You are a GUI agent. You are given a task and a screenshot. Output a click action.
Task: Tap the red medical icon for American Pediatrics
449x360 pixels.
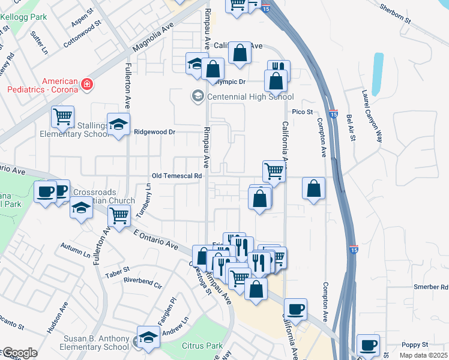(87, 84)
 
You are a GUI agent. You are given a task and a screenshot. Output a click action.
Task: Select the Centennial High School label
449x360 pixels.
(250, 97)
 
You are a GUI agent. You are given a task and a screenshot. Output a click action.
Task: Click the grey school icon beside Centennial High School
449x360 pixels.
(197, 96)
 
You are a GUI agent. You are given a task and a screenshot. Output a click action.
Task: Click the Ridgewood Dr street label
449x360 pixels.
(154, 132)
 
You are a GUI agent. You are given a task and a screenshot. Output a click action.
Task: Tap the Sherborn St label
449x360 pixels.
(395, 13)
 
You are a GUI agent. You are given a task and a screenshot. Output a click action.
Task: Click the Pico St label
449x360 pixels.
(303, 112)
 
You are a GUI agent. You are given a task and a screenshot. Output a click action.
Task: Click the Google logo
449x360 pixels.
(19, 353)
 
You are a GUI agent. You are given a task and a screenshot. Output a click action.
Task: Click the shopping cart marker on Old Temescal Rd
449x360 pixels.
(274, 170)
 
